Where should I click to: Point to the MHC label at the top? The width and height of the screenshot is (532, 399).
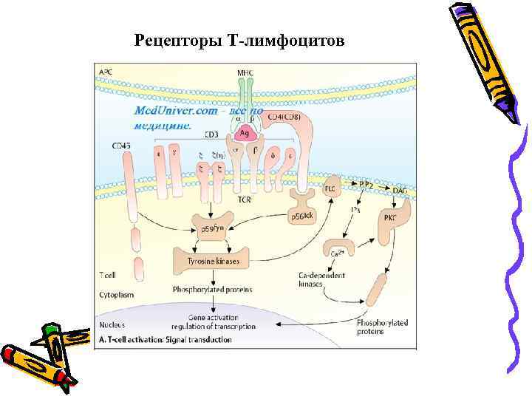coord(245,73)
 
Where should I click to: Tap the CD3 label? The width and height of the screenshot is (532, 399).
coord(211,134)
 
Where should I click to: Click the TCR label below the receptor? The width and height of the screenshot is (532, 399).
coord(244,199)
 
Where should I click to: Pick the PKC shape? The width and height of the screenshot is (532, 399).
coord(389,219)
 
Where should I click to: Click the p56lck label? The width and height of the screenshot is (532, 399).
coord(302,215)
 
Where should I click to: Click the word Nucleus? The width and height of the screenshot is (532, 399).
coord(112,324)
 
